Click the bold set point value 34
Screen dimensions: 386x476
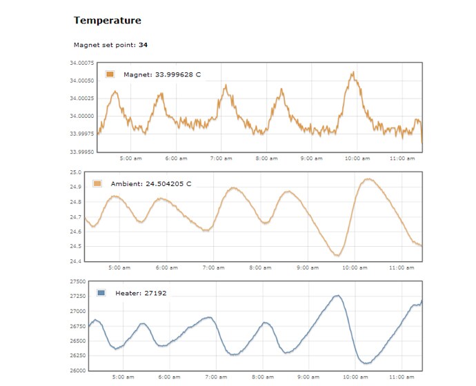(143, 45)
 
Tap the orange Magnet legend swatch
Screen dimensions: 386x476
(110, 74)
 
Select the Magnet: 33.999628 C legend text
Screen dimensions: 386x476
(162, 74)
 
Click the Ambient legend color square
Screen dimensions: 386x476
(97, 184)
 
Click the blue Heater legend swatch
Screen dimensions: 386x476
(101, 293)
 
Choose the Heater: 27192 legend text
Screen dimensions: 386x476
(141, 293)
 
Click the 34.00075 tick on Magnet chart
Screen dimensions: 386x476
(81, 63)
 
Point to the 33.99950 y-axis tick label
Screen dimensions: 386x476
(81, 152)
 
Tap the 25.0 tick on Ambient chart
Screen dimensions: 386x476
(76, 172)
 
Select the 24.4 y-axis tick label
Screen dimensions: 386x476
(76, 261)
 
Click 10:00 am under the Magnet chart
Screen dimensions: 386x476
(357, 159)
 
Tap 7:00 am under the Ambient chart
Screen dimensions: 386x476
(213, 267)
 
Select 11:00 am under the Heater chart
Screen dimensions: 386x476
(401, 377)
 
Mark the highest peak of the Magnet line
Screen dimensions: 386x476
(352, 72)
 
